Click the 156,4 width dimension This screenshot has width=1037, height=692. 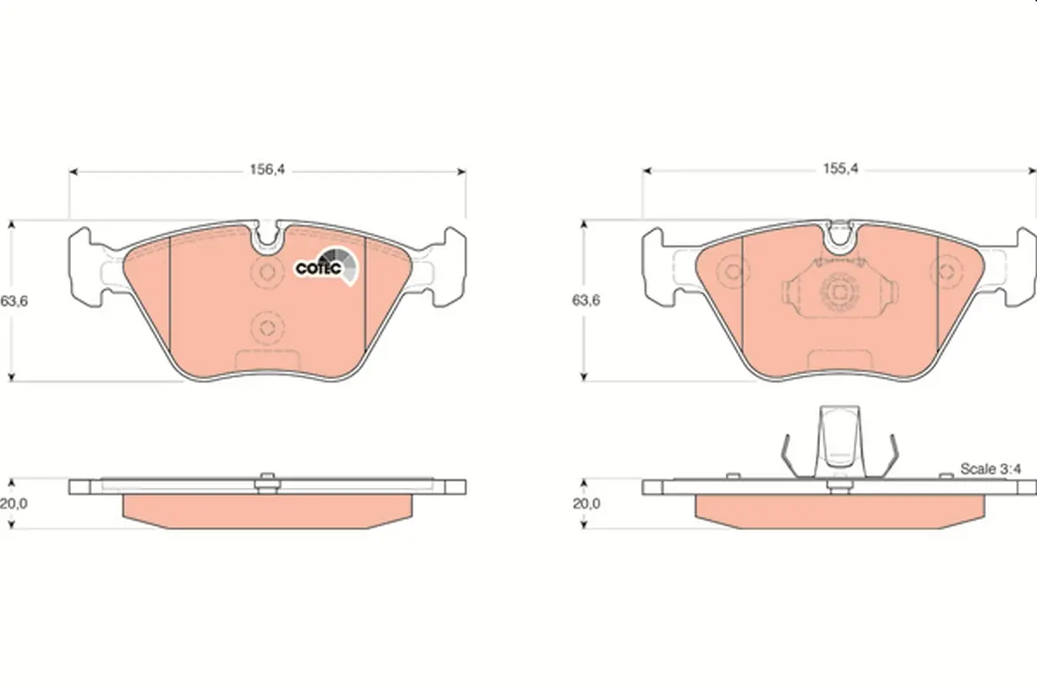tap(267, 170)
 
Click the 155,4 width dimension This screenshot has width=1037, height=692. tap(840, 169)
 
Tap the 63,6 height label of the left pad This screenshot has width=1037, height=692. tap(14, 301)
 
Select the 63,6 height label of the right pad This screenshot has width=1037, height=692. tap(586, 300)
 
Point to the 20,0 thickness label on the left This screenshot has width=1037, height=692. tap(14, 503)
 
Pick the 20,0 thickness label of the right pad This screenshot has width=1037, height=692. tap(587, 503)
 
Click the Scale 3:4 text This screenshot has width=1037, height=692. tap(990, 469)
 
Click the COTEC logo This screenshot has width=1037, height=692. tap(327, 266)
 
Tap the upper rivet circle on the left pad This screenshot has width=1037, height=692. tap(267, 272)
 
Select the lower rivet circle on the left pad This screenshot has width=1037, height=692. tap(267, 328)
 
